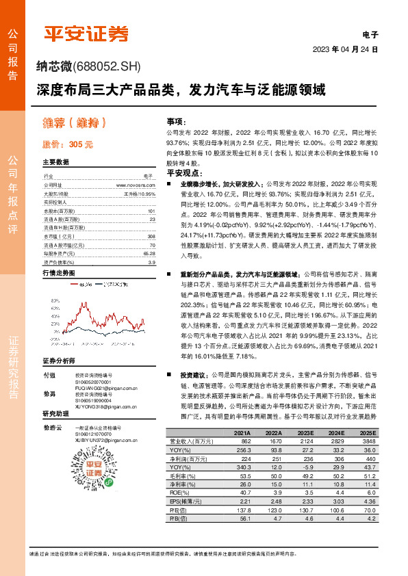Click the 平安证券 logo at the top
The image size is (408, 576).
tap(86, 32)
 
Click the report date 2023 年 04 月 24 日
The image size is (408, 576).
tap(345, 50)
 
